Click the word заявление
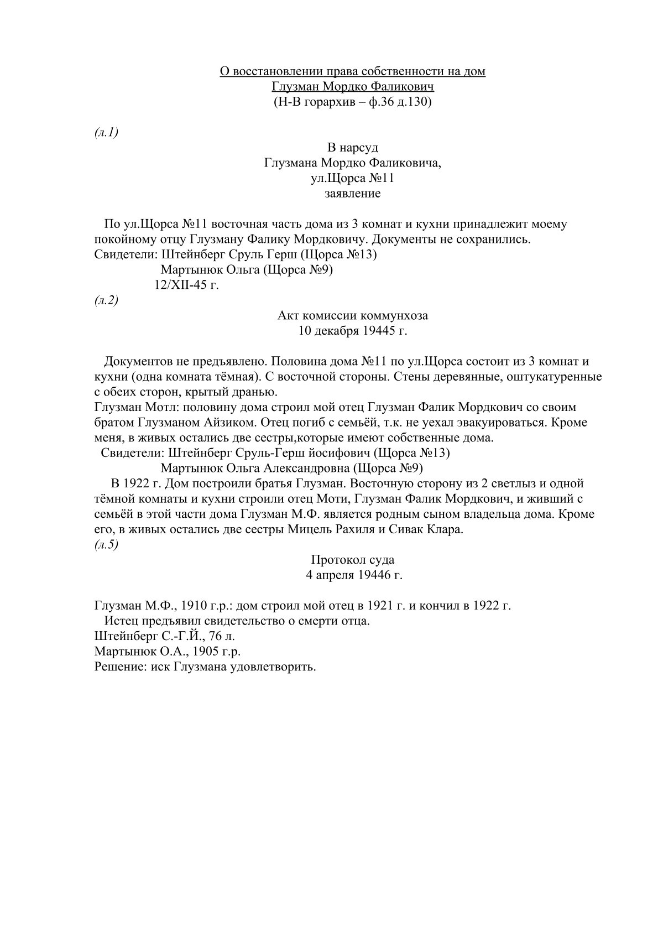(x=352, y=194)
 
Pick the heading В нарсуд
(x=353, y=148)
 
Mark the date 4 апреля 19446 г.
(x=354, y=575)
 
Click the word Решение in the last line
(x=113, y=667)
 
